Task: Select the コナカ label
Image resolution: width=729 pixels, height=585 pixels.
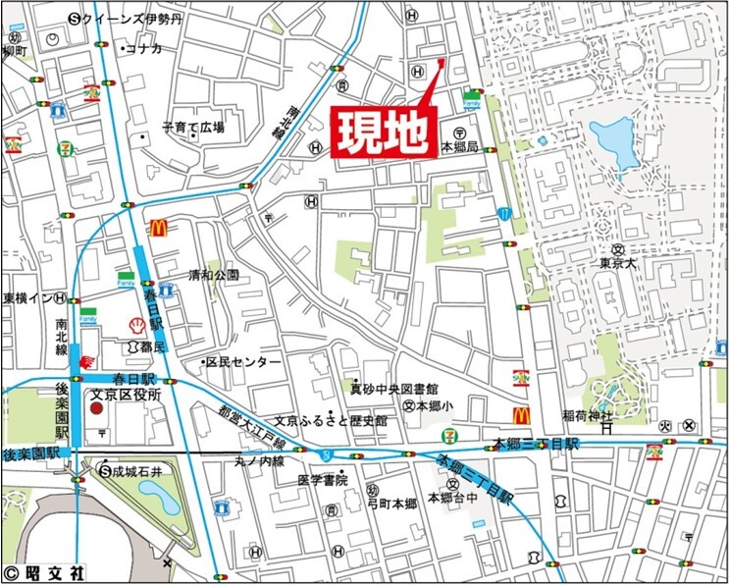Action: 141,49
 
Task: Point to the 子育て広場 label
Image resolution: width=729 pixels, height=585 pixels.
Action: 193,128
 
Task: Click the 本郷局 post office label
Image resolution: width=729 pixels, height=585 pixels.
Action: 459,146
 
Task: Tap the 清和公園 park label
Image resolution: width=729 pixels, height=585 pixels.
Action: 214,276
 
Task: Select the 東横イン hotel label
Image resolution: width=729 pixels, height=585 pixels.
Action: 26,298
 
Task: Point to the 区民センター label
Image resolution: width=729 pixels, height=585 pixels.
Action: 241,362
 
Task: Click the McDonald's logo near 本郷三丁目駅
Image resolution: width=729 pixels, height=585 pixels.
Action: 520,417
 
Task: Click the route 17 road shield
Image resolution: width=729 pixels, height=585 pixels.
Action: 503,212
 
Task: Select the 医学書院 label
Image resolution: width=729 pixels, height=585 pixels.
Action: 323,480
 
